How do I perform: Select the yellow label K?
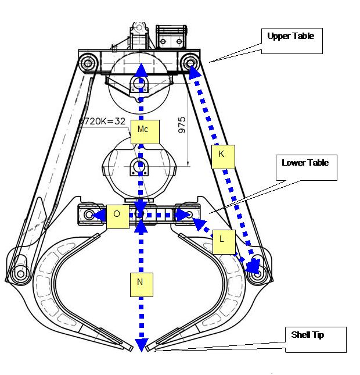pos(221,155)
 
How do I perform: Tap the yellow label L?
pos(223,241)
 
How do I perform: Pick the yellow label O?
pos(117,215)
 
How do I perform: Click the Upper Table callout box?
pos(290,41)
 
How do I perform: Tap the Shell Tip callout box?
pos(315,340)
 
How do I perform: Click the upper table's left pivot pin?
pos(88,62)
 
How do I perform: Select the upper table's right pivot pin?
pos(190,62)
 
